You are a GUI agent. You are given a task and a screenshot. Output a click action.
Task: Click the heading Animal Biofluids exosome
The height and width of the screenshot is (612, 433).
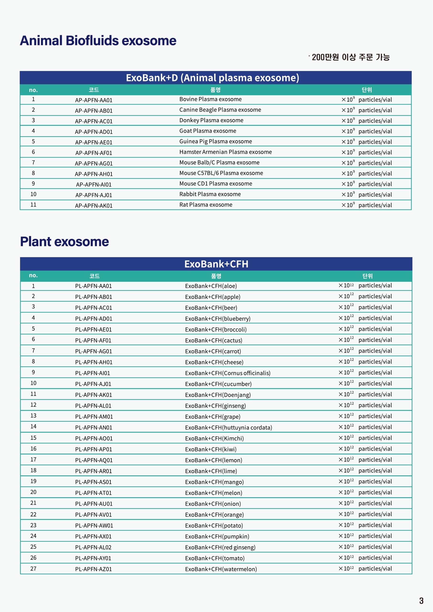(98, 41)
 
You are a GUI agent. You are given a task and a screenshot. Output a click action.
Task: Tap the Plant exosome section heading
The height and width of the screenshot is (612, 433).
(64, 242)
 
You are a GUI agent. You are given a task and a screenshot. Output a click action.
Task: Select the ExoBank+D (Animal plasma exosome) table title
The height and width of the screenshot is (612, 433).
(212, 78)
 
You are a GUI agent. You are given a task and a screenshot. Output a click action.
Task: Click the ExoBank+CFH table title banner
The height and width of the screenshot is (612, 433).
(216, 264)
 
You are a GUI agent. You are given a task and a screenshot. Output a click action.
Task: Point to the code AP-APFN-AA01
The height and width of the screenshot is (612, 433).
(93, 100)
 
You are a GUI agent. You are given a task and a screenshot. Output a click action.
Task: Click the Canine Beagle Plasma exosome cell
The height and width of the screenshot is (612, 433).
(220, 110)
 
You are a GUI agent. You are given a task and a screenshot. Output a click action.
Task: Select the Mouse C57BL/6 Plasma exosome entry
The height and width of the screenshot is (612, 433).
(221, 173)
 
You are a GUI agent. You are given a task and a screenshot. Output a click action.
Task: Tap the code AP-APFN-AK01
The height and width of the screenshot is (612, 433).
(93, 206)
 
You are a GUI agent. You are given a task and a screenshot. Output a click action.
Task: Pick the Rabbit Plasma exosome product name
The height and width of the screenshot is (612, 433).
(210, 194)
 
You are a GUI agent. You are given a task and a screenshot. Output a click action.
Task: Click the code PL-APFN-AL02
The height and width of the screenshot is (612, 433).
(93, 547)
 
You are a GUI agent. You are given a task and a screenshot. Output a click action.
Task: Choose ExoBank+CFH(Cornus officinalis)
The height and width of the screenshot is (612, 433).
(227, 373)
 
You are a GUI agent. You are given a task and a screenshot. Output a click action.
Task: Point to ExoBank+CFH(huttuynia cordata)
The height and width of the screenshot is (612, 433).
(229, 427)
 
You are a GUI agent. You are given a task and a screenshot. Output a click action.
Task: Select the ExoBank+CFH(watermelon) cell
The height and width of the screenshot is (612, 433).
(221, 569)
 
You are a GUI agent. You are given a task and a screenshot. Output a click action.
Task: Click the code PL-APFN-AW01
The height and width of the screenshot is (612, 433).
(94, 525)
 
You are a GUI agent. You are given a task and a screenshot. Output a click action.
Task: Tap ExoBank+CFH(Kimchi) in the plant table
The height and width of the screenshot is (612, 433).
(214, 438)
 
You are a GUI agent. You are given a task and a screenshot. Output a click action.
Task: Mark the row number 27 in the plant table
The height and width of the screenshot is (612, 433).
(33, 568)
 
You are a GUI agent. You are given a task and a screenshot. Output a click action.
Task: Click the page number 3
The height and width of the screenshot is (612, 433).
(421, 601)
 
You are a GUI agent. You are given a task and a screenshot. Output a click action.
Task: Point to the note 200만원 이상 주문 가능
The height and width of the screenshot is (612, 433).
(350, 57)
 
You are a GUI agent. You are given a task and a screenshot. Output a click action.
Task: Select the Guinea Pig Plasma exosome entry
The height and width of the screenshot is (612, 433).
(215, 141)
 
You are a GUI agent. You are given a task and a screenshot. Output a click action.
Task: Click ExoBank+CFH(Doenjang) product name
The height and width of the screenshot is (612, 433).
(218, 395)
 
